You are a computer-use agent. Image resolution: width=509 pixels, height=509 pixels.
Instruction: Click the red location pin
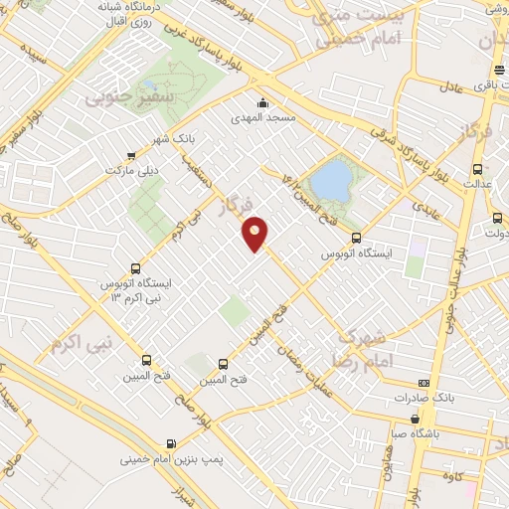point(256,234)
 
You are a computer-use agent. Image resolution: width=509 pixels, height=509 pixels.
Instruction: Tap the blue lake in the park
point(332,182)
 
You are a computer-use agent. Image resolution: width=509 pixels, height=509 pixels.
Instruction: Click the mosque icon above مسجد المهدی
point(262,102)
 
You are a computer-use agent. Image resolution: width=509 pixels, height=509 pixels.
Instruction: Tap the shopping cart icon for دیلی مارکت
point(132,156)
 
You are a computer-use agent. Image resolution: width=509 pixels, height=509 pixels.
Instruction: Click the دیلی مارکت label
point(132,171)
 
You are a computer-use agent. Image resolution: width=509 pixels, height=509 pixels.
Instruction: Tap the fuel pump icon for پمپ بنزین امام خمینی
point(174,443)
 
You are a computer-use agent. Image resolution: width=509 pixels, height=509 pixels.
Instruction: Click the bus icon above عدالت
point(477,169)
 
